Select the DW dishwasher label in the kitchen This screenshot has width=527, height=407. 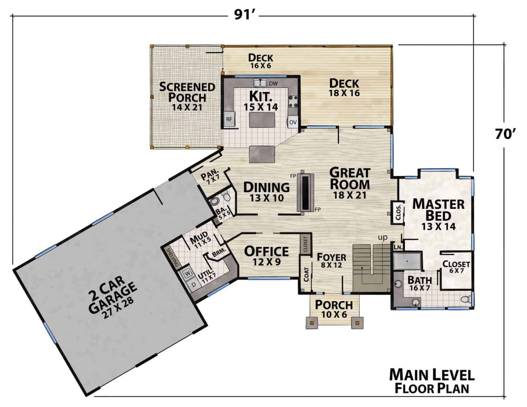[273, 84]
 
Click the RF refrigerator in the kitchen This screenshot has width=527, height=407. [229, 119]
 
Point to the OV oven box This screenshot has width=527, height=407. [293, 122]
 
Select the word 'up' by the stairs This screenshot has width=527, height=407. [383, 238]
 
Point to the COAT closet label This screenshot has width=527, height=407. [306, 275]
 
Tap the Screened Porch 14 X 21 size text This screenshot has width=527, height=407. [187, 108]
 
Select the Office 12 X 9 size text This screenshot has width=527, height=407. [267, 262]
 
